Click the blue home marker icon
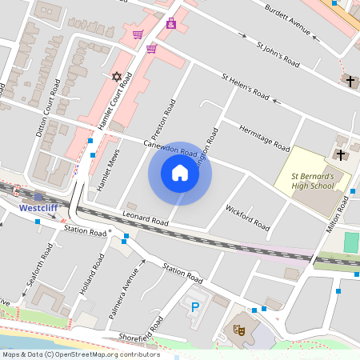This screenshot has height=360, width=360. [x=180, y=173]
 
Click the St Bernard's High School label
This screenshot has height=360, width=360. [x=311, y=180]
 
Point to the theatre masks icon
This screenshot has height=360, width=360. [x=238, y=328]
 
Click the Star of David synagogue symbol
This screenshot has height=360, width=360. [x=117, y=77]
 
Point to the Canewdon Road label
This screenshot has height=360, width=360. [x=170, y=148]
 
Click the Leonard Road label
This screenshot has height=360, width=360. [x=146, y=218]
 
